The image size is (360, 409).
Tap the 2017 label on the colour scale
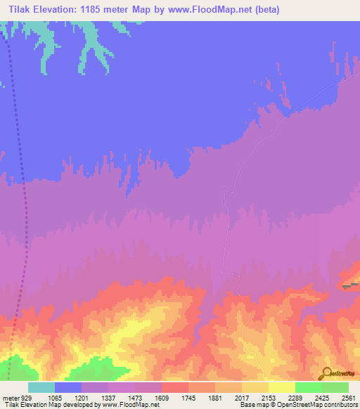pyautogui.click(x=256, y=397)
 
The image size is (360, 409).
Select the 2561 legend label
pyautogui.click(x=349, y=397)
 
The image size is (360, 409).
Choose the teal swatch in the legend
pyautogui.click(x=41, y=387)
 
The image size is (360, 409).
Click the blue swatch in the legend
pyautogui.click(x=68, y=387)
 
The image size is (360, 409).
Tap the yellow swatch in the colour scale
pyautogui.click(x=282, y=387)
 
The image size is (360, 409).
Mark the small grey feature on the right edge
pyautogui.click(x=349, y=285)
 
